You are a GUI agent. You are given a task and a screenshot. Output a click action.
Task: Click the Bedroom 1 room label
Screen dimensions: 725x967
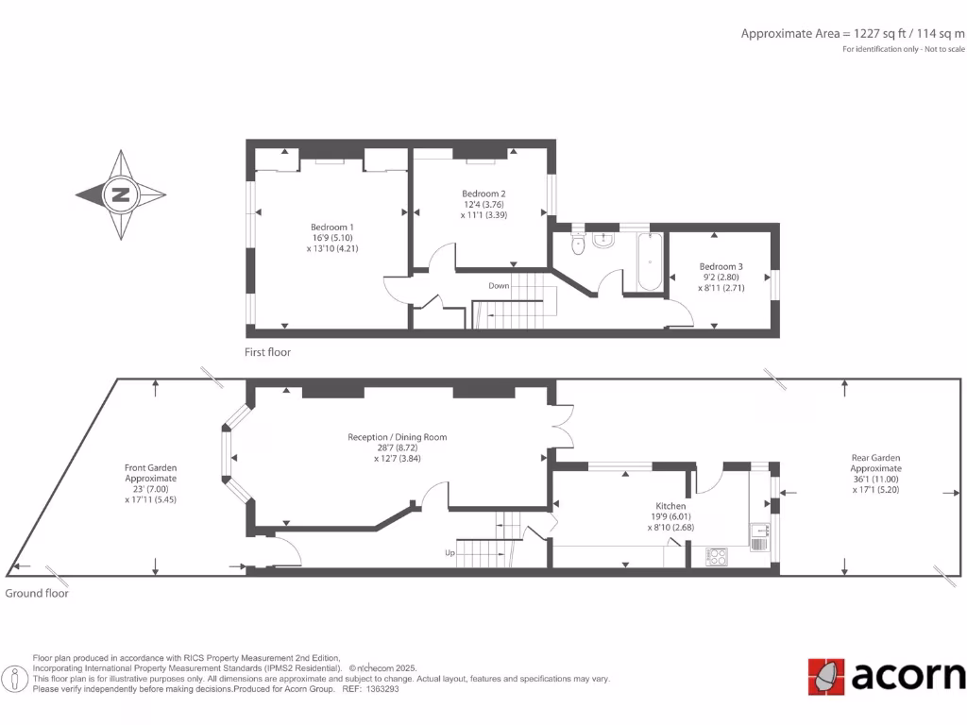(x=332, y=227)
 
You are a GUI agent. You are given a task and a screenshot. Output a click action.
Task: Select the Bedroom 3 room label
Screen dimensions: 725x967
(x=721, y=266)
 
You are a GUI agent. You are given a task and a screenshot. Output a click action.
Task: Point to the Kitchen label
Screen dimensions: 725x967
(x=670, y=506)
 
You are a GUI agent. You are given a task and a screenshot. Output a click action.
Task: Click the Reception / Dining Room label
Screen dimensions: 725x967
(x=397, y=437)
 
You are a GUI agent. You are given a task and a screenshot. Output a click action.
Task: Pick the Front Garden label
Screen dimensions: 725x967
(x=150, y=467)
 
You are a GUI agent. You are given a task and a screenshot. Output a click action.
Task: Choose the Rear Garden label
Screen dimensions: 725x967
(x=875, y=458)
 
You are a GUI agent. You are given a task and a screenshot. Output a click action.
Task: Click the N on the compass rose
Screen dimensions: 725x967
(x=121, y=195)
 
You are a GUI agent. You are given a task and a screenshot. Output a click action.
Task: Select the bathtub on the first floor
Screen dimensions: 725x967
(x=649, y=261)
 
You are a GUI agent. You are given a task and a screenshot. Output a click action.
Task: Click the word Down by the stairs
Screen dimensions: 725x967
(x=499, y=285)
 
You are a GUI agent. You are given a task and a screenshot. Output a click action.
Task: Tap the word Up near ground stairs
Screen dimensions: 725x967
(x=451, y=552)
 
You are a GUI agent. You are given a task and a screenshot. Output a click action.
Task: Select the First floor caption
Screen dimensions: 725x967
(x=267, y=352)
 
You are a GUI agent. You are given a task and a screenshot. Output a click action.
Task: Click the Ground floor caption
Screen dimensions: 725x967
(x=37, y=594)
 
